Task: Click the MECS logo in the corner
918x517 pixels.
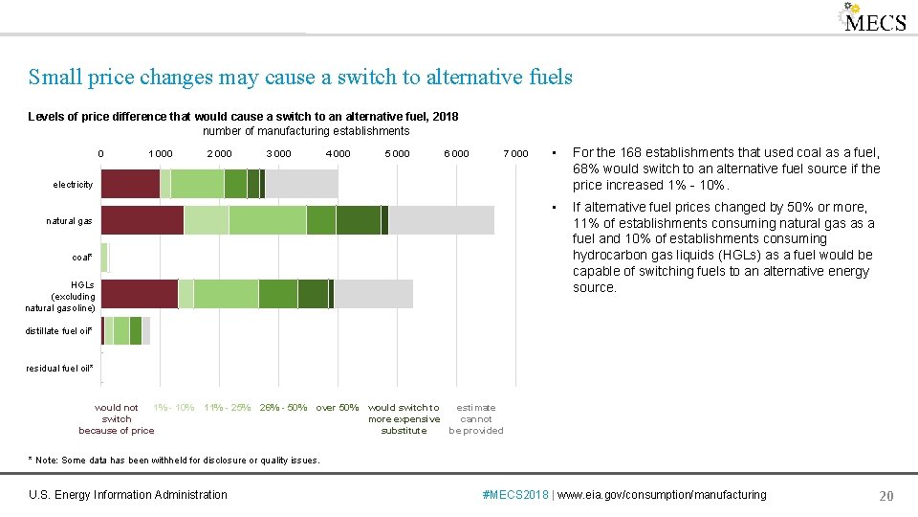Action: coord(873,19)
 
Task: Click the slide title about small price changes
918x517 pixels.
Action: coord(300,77)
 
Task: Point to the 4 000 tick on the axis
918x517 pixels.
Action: coord(338,153)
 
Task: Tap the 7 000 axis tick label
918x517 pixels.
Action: coord(515,153)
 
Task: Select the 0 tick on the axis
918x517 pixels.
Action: coord(100,153)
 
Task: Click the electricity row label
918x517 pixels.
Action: coord(74,184)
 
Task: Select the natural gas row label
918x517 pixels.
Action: coord(70,221)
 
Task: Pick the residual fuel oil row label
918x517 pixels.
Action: coord(59,368)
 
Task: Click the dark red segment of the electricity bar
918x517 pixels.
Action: coord(130,184)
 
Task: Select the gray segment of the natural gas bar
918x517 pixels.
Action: coord(441,220)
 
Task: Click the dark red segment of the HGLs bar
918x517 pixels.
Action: coord(139,294)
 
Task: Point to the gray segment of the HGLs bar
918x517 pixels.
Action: coord(373,294)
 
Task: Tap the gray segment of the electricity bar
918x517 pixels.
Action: coord(301,184)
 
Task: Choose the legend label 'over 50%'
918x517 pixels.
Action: coord(338,408)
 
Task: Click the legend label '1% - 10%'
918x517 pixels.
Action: coord(174,408)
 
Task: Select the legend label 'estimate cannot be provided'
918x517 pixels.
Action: coord(476,418)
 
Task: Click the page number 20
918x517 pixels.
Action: coord(885,495)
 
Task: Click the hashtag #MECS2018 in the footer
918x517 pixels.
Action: coord(517,495)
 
